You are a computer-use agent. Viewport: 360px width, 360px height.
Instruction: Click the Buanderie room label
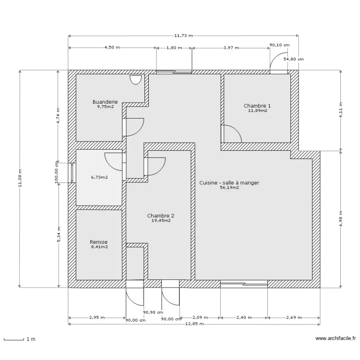coord(105,102)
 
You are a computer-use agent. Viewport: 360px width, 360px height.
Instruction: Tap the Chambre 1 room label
coord(257,106)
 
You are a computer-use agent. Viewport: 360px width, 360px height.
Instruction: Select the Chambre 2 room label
coord(161,216)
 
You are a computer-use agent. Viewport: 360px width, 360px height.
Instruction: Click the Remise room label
coord(99,242)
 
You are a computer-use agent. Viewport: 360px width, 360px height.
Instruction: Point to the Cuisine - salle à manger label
coord(229,183)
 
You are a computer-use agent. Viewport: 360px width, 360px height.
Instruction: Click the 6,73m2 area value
coord(99,177)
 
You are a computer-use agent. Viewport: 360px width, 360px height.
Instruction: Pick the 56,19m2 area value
coord(229,188)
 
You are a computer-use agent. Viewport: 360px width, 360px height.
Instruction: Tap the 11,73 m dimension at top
coord(183,36)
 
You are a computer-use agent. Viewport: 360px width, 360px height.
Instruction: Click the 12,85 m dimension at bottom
coord(194,324)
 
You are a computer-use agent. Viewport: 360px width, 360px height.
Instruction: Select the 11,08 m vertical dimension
coord(20,179)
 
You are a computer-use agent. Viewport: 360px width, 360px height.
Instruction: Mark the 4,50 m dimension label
coord(112,48)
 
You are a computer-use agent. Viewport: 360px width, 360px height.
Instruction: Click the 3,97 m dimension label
coord(231,48)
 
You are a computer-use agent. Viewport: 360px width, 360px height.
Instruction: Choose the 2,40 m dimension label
coord(244,317)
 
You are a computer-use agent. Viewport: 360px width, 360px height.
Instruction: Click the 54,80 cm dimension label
coord(293,60)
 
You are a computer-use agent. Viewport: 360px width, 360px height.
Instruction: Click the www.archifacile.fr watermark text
coord(336,339)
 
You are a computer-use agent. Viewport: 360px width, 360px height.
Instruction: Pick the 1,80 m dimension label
coord(174,48)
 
